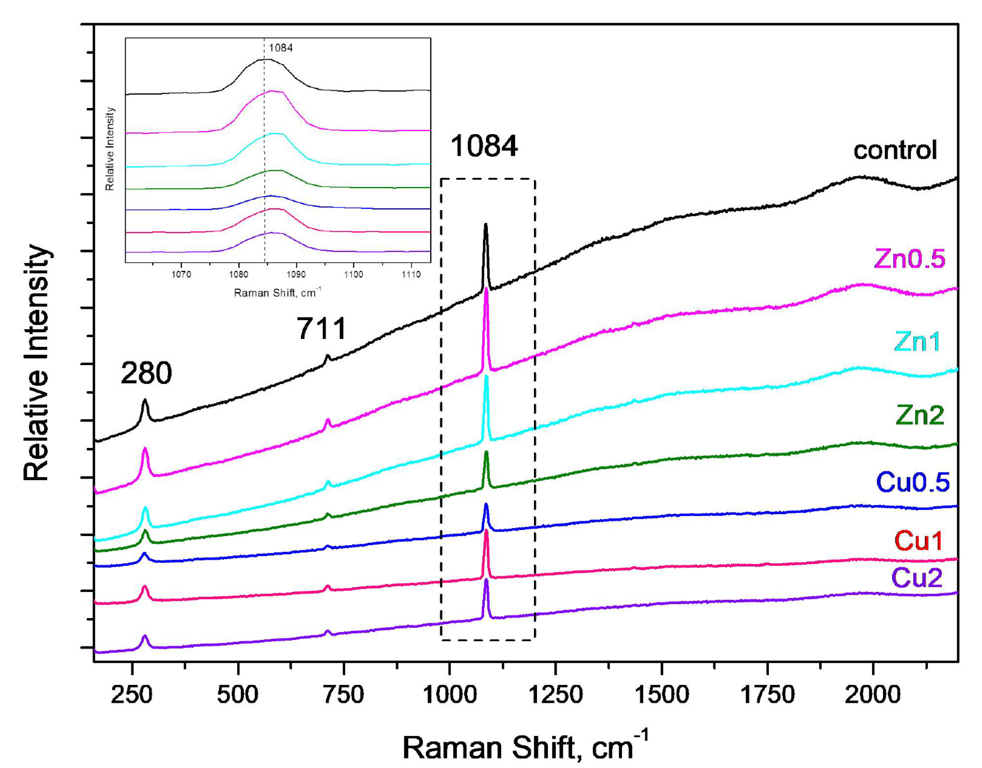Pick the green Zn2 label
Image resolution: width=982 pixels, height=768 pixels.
click(x=919, y=415)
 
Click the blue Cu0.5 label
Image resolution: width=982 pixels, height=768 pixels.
click(x=913, y=482)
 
